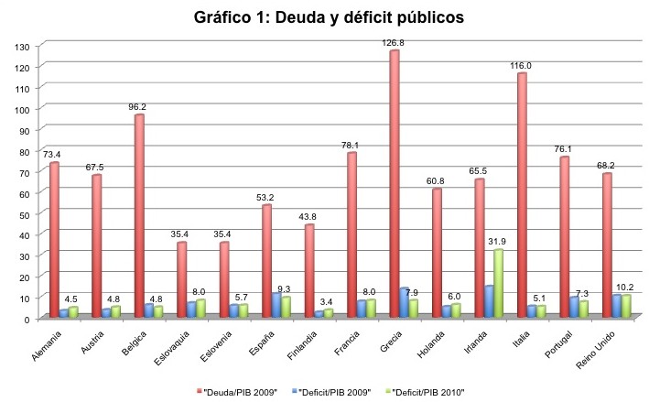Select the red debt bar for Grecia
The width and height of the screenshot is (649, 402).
coord(394,183)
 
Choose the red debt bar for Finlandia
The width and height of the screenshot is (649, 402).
coord(308,270)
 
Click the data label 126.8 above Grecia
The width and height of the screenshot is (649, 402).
coord(395,42)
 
